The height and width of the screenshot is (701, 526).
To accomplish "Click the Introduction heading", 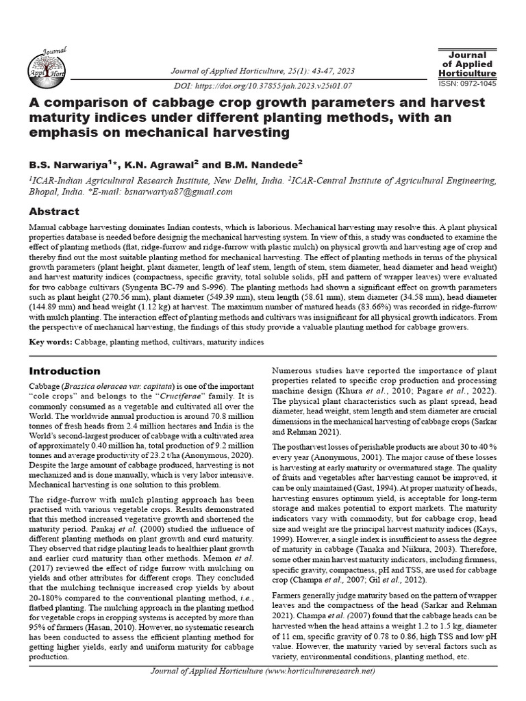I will [64, 371].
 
